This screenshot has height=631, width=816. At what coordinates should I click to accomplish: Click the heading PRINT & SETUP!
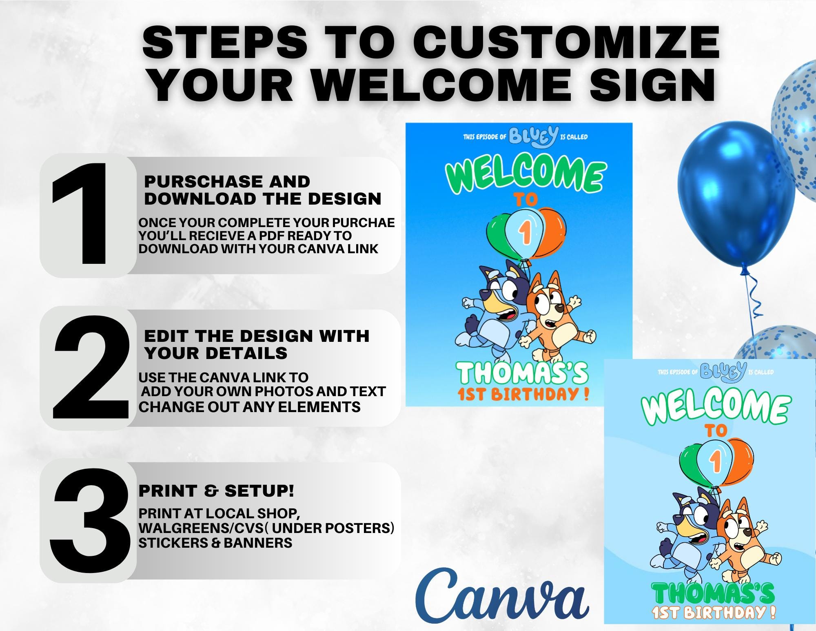tap(216, 491)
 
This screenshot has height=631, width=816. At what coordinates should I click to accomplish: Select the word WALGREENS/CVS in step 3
tap(200, 528)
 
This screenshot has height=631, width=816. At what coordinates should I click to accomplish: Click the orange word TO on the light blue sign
tap(716, 431)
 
